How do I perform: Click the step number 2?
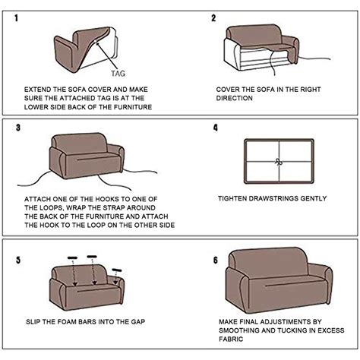click(214, 17)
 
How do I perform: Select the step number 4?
click(215, 128)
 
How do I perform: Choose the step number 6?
click(215, 260)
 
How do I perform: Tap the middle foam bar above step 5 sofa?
click(91, 256)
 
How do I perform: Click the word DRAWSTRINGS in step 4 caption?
click(283, 198)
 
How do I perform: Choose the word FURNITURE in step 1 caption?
click(131, 108)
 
